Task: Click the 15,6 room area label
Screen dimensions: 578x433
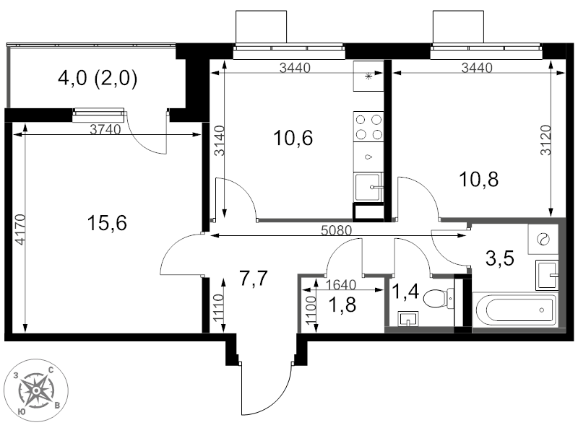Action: point(107,223)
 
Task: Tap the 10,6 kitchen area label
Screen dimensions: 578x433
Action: point(293,138)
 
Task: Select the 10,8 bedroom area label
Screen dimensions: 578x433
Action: point(478,179)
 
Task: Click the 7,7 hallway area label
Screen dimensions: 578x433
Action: point(254,278)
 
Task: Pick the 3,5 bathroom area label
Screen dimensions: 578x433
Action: point(500,258)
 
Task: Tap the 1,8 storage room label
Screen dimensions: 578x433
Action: point(342,305)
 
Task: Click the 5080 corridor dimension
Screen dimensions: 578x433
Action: point(336,230)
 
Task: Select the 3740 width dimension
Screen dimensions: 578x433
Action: point(105,129)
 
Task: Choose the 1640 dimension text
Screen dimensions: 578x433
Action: point(341,284)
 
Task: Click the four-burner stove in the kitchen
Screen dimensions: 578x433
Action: point(368,127)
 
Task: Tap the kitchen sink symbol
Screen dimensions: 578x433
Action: point(368,187)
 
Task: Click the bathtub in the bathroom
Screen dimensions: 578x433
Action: point(516,310)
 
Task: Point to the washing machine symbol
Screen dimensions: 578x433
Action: point(543,239)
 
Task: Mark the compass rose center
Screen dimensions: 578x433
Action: point(36,390)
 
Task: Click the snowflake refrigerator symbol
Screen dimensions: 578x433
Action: point(368,76)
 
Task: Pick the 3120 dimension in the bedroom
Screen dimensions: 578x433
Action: point(546,140)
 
